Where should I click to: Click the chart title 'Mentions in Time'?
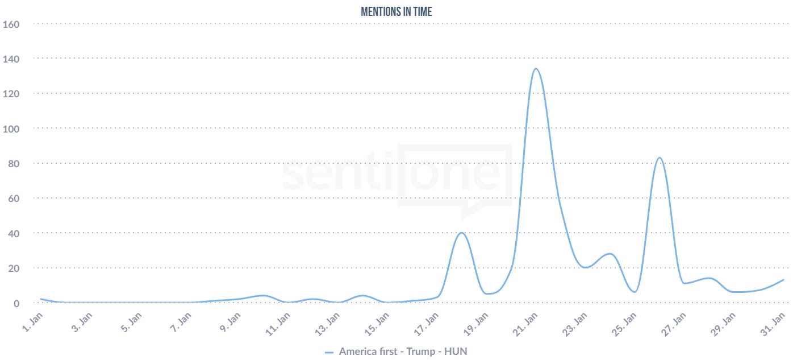click(396, 11)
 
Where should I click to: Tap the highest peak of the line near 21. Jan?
click(535, 69)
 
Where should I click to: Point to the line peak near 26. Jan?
click(660, 158)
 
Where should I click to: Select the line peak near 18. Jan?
click(461, 233)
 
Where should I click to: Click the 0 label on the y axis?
click(16, 303)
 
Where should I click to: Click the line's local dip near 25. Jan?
click(635, 292)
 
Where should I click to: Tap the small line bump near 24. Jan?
click(610, 254)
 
